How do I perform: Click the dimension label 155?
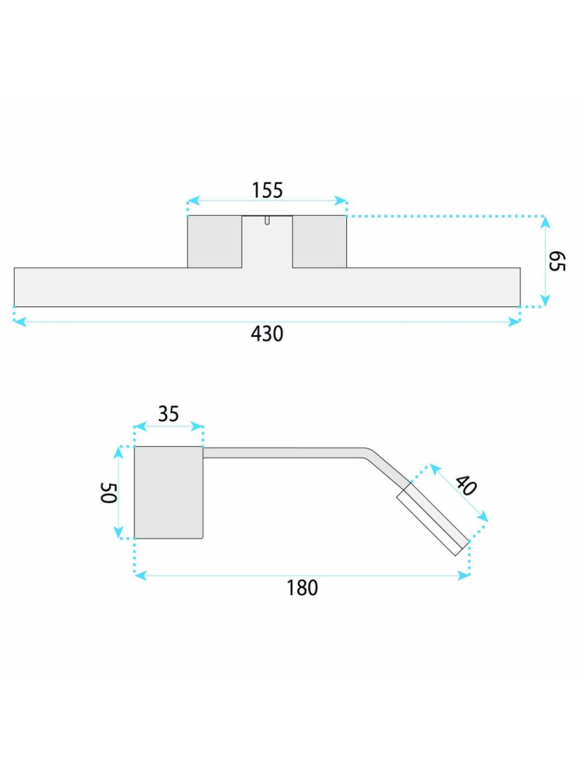coord(267,190)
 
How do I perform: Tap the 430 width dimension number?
coord(267,334)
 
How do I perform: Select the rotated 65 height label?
coord(557,261)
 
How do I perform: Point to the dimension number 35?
coord(168,414)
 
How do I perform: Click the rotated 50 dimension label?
coord(108,493)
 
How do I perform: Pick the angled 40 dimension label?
coord(465,485)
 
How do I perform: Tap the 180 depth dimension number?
coord(302,588)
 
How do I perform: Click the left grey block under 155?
coord(214,242)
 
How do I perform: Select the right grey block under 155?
coord(320,242)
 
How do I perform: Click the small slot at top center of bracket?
coord(267,220)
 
